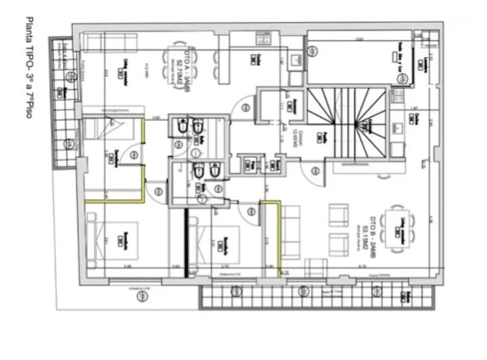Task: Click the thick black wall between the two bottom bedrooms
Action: coord(186,242)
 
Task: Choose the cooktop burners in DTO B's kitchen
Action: coord(398,99)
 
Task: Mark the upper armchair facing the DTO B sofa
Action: coord(338,215)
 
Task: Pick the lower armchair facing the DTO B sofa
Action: coord(338,243)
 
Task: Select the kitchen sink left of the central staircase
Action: coord(295,62)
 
